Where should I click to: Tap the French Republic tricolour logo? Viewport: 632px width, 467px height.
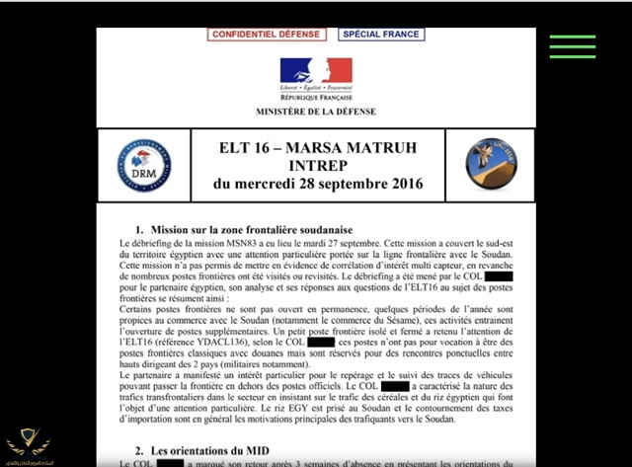point(316,71)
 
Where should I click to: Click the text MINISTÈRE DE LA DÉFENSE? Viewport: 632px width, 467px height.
point(316,112)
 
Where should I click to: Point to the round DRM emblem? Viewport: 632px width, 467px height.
point(143,165)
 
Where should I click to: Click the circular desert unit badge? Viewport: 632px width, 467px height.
point(492,164)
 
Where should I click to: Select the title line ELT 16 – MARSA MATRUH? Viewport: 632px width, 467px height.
point(317,148)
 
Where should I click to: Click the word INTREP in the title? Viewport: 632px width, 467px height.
point(317,166)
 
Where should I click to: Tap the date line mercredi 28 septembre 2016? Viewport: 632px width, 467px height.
point(317,184)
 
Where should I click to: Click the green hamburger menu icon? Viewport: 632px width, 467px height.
point(573,46)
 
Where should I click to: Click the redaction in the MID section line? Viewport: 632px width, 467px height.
point(170,463)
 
